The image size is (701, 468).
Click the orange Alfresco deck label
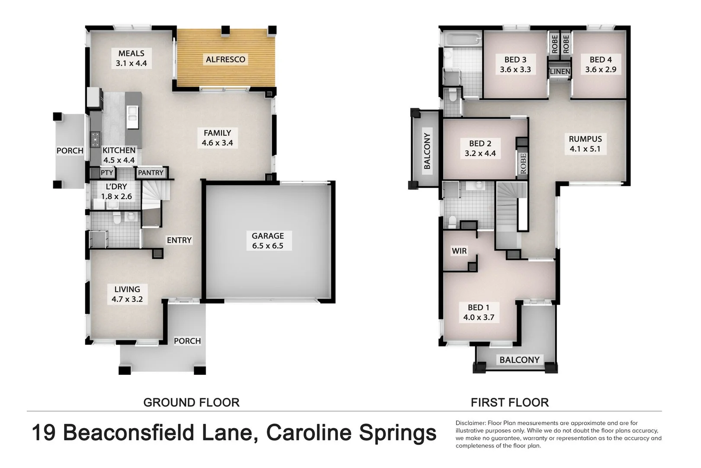pyautogui.click(x=225, y=59)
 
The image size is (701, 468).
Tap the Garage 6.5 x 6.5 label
pyautogui.click(x=267, y=241)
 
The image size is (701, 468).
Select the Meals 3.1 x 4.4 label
pyautogui.click(x=131, y=58)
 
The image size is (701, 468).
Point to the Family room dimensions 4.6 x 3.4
pyautogui.click(x=217, y=143)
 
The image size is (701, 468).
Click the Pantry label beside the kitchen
pyautogui.click(x=151, y=172)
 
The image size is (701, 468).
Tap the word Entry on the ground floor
pyautogui.click(x=179, y=240)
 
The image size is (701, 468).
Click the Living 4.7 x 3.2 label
pyautogui.click(x=127, y=294)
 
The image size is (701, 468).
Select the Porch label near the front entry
pyautogui.click(x=187, y=341)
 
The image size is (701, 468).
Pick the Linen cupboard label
pyautogui.click(x=560, y=71)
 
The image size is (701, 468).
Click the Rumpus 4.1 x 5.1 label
pyautogui.click(x=585, y=144)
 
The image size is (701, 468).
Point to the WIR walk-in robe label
pyautogui.click(x=459, y=251)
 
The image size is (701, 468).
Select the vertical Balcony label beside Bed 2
pyautogui.click(x=427, y=151)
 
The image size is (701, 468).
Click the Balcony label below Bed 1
pyautogui.click(x=519, y=360)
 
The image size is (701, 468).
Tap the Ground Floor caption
pyautogui.click(x=191, y=403)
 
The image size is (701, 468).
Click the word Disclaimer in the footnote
pyautogui.click(x=470, y=423)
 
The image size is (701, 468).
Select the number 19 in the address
pyautogui.click(x=44, y=433)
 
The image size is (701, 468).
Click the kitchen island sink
pyautogui.click(x=132, y=114)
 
